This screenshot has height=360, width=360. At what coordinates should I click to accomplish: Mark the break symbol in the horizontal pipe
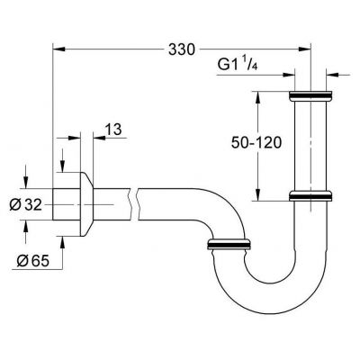pos(135,204)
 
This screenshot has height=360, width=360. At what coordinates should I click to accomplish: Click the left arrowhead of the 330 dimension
pos(59,50)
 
